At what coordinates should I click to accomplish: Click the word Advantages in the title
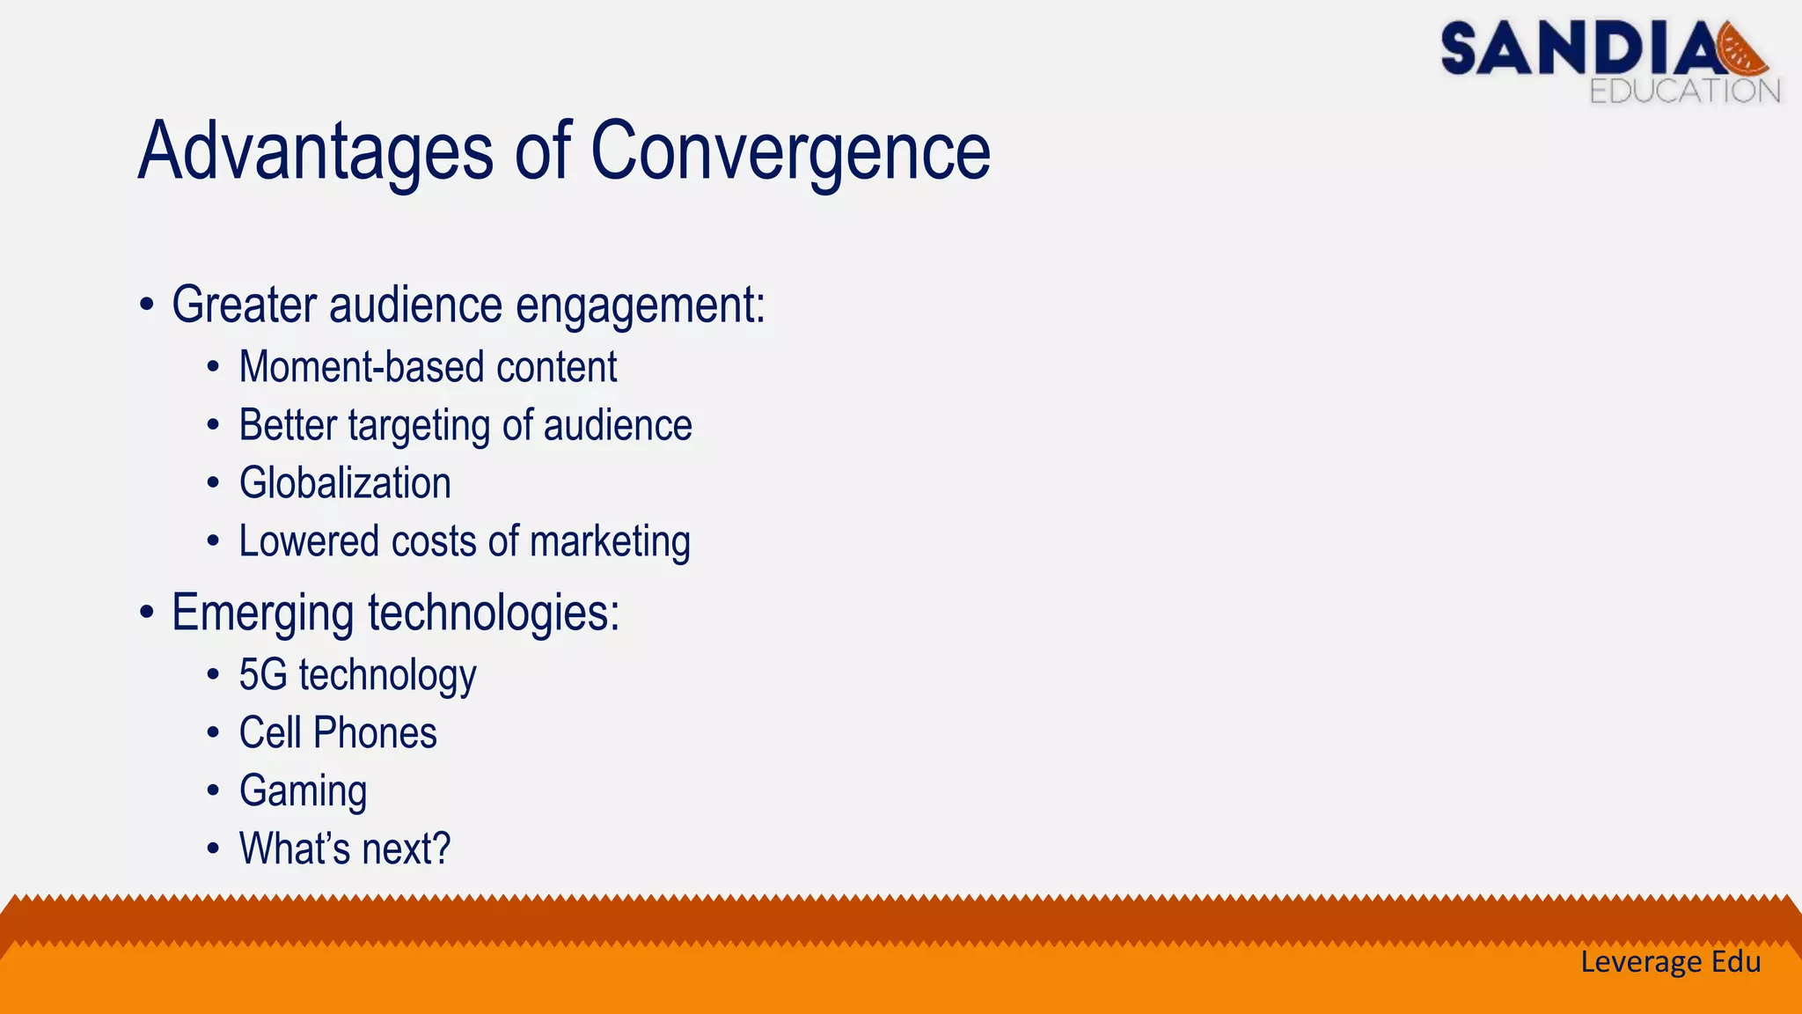[315, 151]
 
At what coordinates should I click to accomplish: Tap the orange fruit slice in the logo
[1742, 51]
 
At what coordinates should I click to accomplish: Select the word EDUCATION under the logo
[1684, 91]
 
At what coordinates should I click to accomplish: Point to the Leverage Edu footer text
[1670, 961]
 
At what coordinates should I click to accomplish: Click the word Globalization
[345, 483]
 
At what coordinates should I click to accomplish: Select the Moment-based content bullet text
[428, 367]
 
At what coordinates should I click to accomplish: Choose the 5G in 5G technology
[263, 675]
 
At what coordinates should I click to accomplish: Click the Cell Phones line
[338, 733]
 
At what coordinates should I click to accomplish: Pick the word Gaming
[303, 791]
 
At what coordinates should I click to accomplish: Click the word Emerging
[262, 614]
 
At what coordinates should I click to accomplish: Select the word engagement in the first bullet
[640, 305]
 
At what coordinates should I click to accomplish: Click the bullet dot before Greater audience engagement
[147, 306]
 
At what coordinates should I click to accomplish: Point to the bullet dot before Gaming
[213, 791]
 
